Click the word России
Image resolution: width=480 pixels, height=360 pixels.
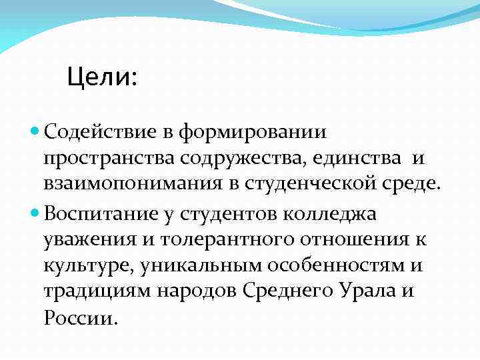(80, 318)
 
